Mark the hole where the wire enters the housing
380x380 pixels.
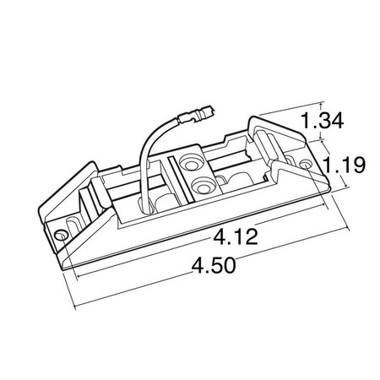144,204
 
